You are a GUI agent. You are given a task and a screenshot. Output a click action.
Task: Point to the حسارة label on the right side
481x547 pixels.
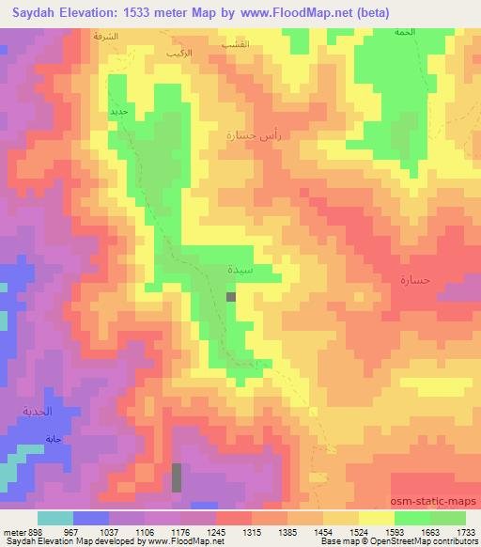point(413,280)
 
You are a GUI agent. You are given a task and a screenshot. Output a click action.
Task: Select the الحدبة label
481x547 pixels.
point(39,412)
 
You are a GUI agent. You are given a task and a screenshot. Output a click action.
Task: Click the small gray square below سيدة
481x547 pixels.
point(231,296)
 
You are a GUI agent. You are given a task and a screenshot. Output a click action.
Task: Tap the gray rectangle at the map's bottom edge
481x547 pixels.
point(176,477)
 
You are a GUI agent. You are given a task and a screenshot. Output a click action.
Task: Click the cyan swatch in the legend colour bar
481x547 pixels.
point(55,518)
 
